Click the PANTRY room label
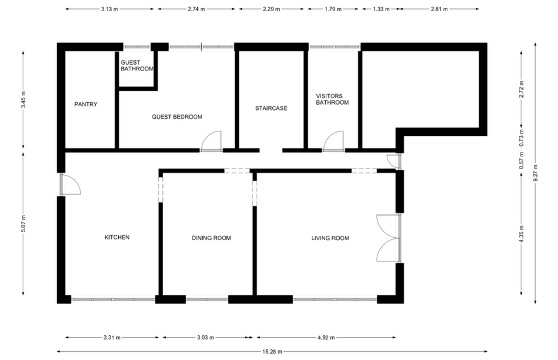[86, 104]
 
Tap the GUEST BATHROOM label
[137, 66]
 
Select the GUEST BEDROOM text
[177, 117]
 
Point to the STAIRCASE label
[271, 108]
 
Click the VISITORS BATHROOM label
[332, 100]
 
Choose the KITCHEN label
[116, 237]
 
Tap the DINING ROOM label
[211, 238]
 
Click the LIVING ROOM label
[330, 238]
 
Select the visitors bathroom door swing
[334, 141]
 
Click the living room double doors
[389, 238]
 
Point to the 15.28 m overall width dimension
[272, 352]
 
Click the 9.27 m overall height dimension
[536, 173]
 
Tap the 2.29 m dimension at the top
[271, 9]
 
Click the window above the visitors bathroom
[334, 47]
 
